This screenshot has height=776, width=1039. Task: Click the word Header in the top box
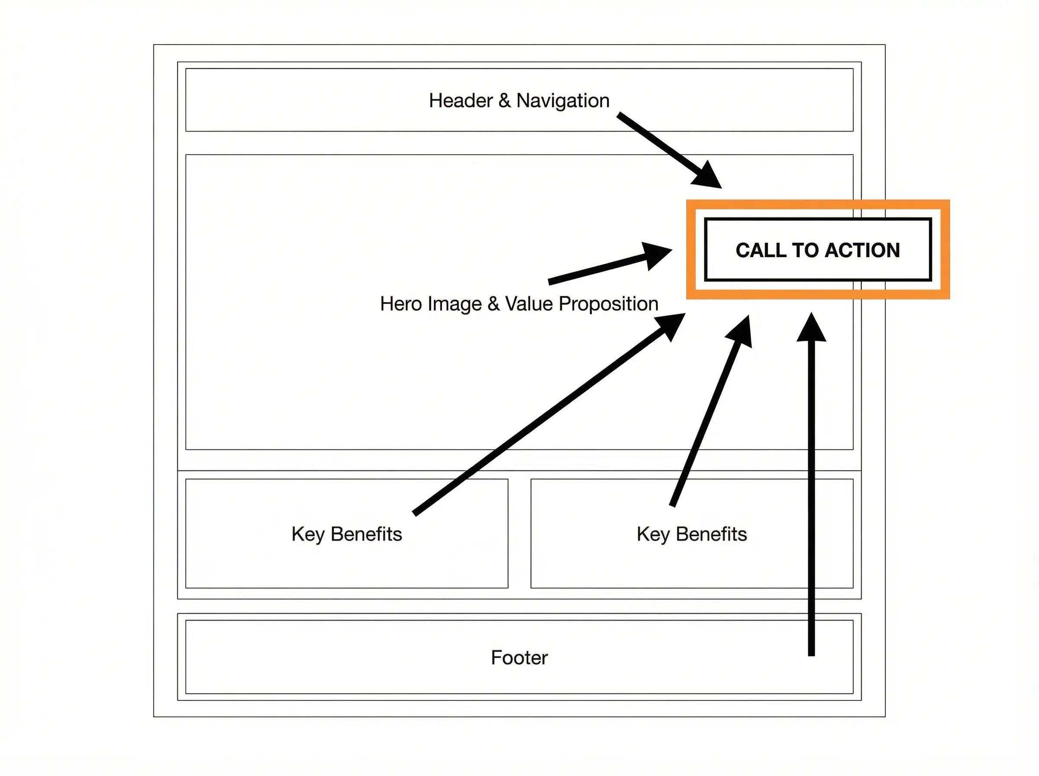[x=461, y=100]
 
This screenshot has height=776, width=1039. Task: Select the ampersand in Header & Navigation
[x=504, y=100]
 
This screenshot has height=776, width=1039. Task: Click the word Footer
[x=519, y=658]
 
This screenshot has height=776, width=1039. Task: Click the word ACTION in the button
[x=862, y=250]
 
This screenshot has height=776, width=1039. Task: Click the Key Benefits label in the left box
[x=346, y=534]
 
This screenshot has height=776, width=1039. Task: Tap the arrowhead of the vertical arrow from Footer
[x=811, y=328]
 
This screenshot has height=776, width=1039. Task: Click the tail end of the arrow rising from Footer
[x=811, y=655]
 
